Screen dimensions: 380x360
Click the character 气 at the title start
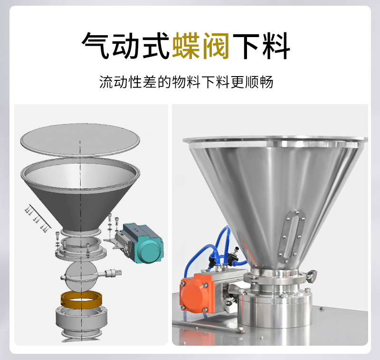tap(96, 46)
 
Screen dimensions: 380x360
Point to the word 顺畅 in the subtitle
tap(259, 82)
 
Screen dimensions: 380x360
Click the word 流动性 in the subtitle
tap(121, 82)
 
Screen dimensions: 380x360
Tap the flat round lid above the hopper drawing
tap(80, 140)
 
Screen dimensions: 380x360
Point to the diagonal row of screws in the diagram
tap(38, 217)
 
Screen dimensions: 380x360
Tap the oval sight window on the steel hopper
tap(291, 236)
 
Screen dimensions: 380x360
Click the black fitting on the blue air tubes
tap(233, 255)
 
